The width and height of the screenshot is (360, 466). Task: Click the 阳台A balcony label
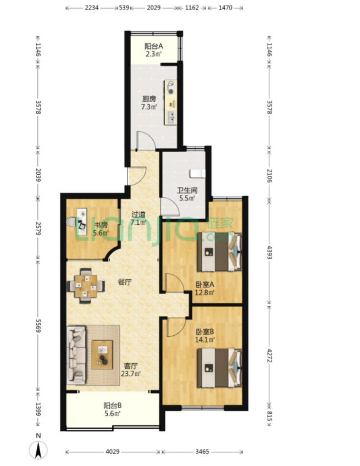[x=153, y=46]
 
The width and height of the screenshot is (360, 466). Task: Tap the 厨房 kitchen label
[x=149, y=99]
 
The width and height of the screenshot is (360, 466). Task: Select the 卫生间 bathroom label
[x=187, y=190]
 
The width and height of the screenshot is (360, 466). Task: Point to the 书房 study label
[x=101, y=225]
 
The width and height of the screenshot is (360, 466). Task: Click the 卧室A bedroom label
[x=204, y=285]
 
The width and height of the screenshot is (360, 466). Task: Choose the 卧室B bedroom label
[x=204, y=331]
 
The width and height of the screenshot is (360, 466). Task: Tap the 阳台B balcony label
[x=112, y=406]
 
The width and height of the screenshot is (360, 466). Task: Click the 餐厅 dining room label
[x=125, y=282]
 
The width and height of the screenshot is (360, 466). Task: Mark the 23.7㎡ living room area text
[x=130, y=374]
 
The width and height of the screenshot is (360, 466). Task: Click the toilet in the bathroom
[x=198, y=173]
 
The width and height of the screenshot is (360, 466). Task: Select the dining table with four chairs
[x=86, y=286]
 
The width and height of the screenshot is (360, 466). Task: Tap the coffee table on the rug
[x=102, y=354]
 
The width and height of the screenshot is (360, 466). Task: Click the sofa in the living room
[x=76, y=354]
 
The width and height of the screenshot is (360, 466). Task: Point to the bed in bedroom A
[x=220, y=252]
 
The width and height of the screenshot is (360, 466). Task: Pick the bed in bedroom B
[x=220, y=368]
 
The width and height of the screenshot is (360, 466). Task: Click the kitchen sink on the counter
[x=171, y=117]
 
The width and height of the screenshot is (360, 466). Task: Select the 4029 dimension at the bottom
[x=112, y=452]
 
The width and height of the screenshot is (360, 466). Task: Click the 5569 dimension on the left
[x=38, y=326]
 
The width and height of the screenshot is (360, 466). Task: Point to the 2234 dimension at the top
[x=92, y=8]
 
